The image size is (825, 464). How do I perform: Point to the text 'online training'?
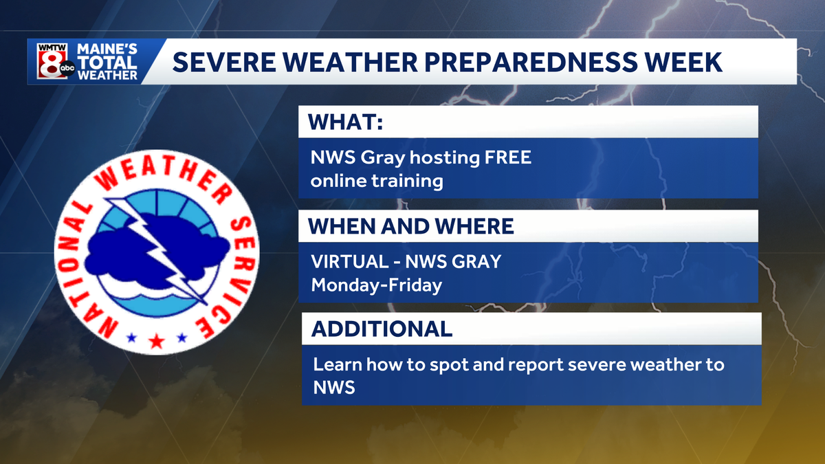(377, 181)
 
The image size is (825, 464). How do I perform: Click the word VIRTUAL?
(351, 262)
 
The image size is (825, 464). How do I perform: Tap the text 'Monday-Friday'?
(376, 285)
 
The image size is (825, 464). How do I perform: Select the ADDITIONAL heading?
(382, 329)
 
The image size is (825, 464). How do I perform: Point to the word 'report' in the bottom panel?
(523, 364)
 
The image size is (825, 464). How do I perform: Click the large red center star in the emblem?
(156, 340)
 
